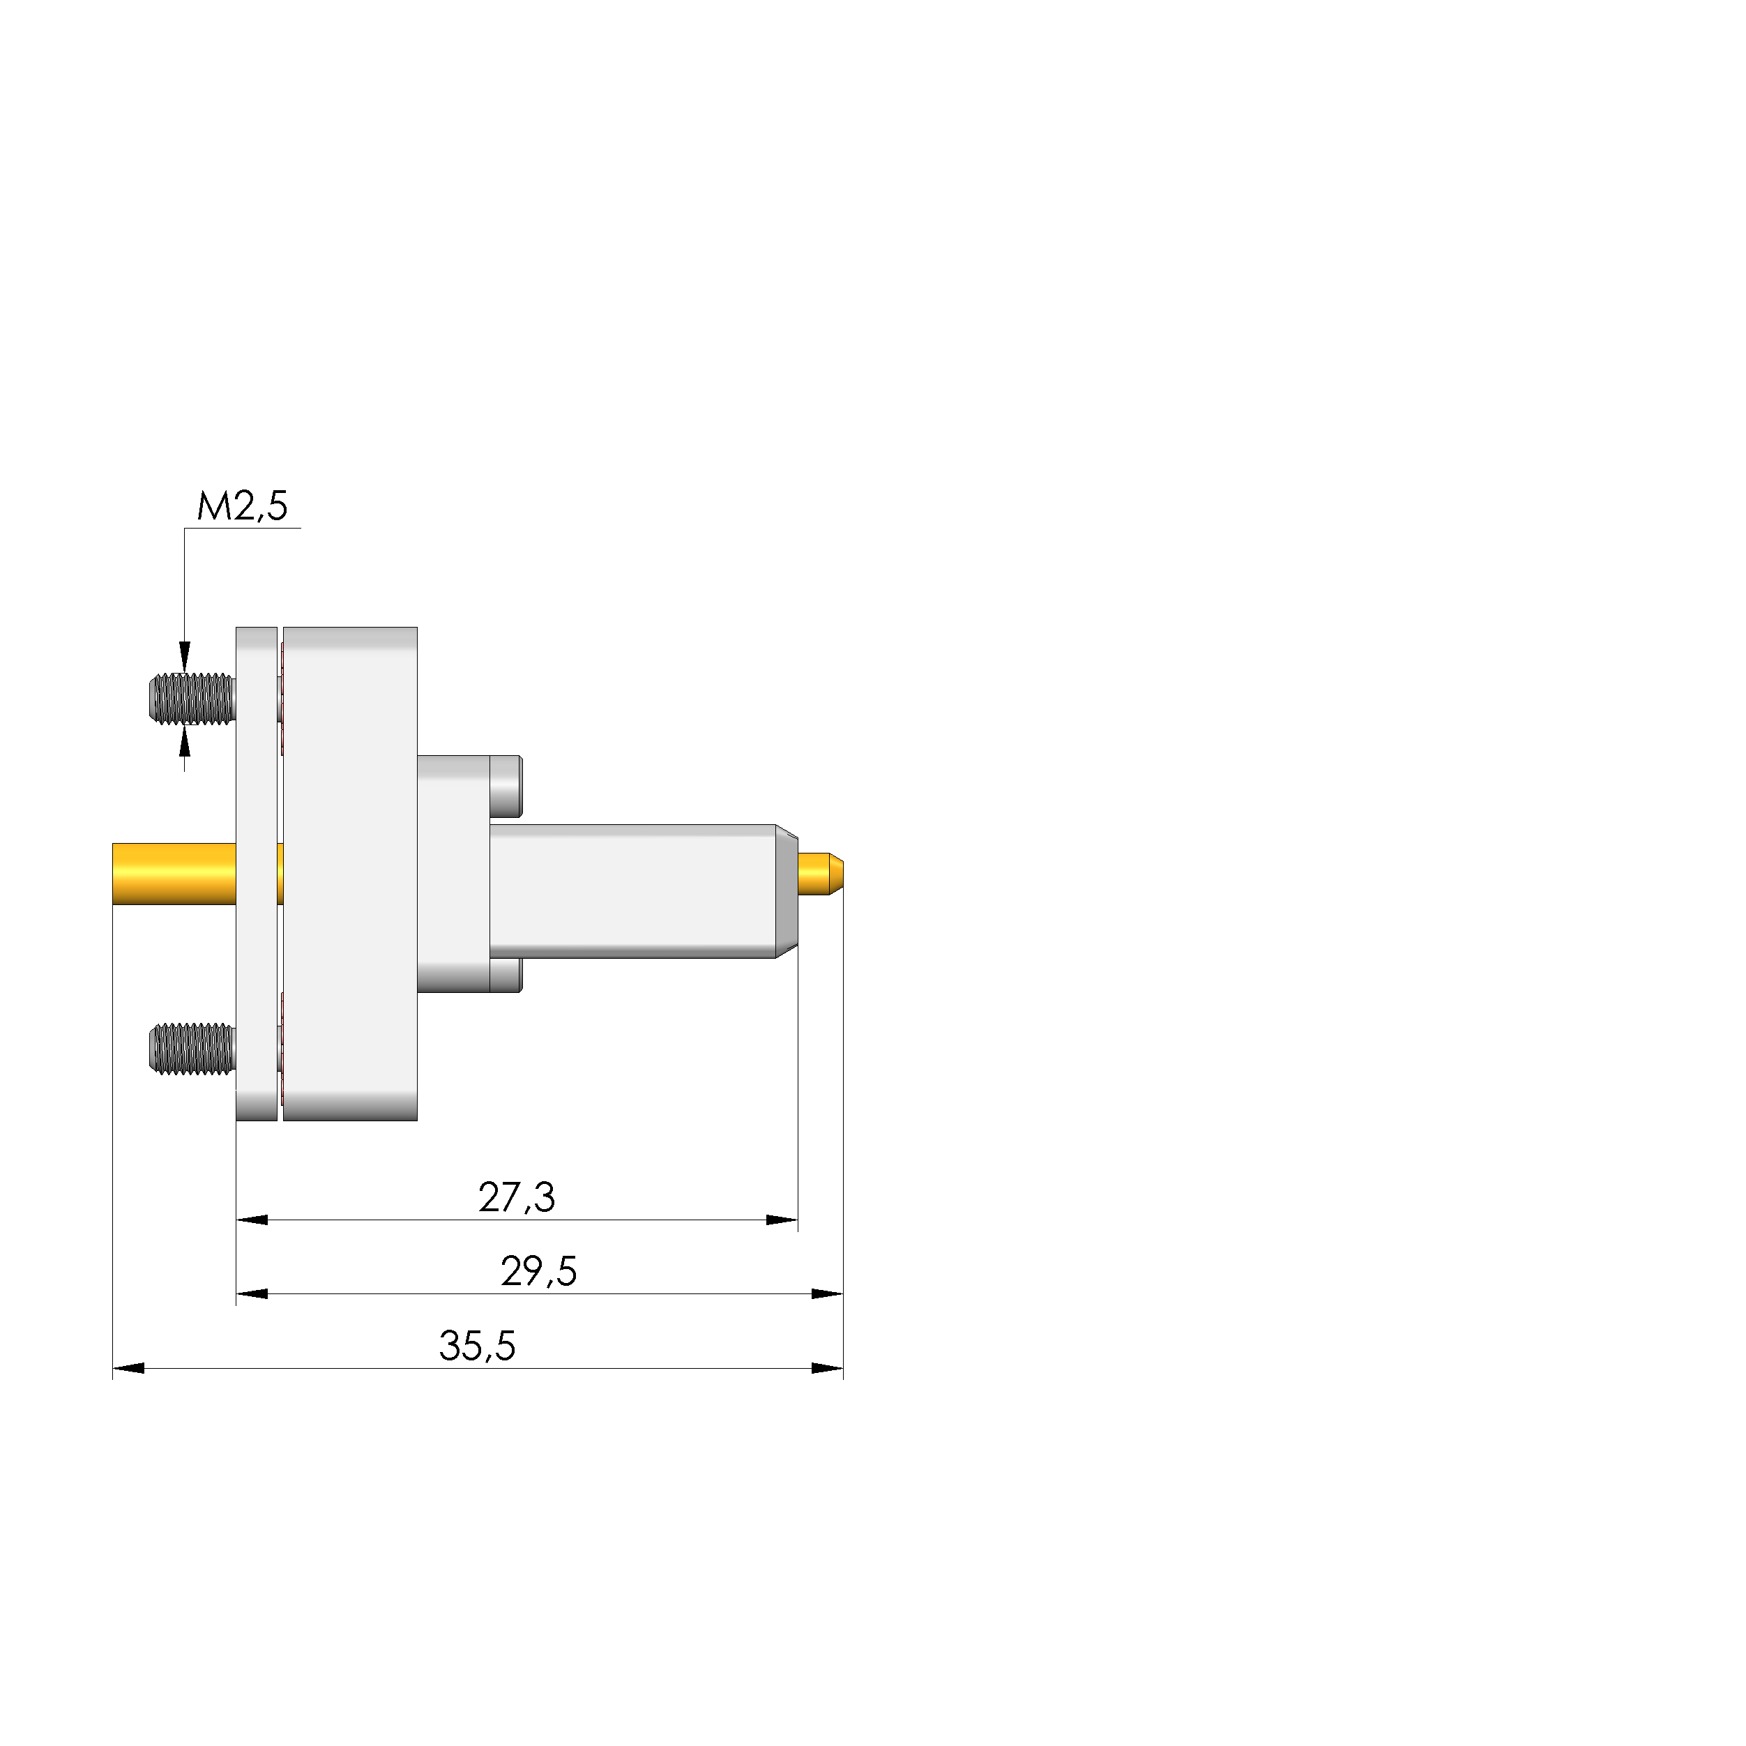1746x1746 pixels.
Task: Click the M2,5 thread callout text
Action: [242, 506]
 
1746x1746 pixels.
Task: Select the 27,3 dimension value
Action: [516, 1197]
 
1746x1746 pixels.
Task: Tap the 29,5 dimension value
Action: [538, 1272]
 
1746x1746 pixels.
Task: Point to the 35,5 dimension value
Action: [477, 1346]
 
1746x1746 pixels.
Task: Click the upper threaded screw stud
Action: [192, 699]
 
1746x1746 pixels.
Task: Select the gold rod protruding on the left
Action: [172, 873]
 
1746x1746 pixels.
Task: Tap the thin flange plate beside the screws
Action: [257, 873]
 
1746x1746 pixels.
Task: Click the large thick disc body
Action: [350, 873]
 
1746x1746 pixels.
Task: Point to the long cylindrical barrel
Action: [632, 890]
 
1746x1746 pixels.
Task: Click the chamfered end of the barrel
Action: [787, 890]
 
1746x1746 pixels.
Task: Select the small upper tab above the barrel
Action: [506, 784]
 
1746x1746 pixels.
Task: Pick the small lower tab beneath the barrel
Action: [506, 975]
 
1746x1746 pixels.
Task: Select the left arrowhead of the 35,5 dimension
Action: [128, 1368]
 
